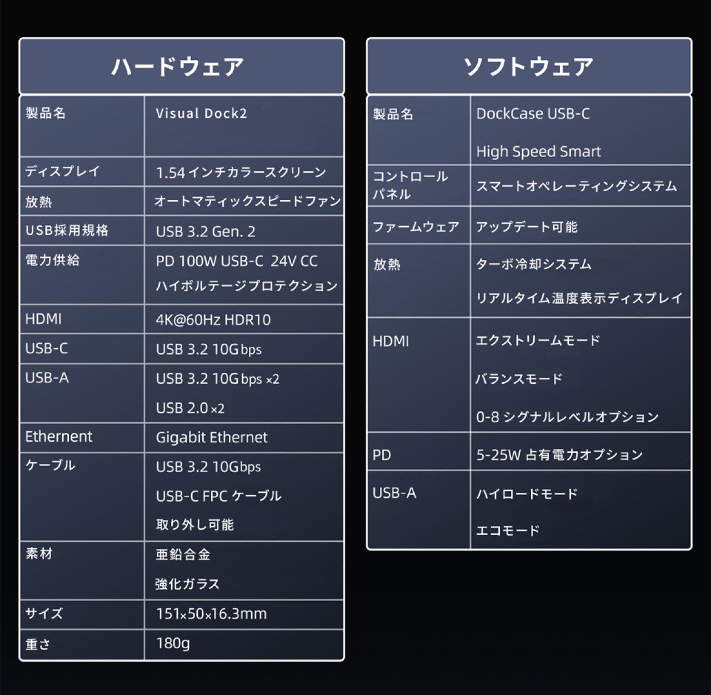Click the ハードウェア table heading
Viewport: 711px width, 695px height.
178,67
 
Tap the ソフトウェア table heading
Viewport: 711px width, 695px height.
528,67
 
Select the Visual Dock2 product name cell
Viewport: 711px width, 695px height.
201,113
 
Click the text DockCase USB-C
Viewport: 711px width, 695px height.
533,114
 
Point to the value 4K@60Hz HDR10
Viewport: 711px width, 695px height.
213,320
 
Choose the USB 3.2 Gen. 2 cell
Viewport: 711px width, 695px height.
206,232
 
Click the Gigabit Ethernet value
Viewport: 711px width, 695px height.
212,438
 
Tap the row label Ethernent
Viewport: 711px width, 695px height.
59,437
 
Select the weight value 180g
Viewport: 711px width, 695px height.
173,643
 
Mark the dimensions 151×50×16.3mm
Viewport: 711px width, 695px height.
211,614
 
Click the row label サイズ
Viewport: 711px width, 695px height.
44,613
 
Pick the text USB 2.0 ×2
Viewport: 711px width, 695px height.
190,408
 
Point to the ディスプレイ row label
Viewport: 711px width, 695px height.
62,171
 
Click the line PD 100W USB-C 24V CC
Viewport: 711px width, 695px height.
237,261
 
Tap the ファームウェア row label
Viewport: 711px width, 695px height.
415,227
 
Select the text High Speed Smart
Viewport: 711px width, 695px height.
538,152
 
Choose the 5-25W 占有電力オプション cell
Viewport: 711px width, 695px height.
559,455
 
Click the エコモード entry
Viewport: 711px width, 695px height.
508,531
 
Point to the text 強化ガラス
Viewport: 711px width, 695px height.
188,584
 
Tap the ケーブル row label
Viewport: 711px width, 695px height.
50,465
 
